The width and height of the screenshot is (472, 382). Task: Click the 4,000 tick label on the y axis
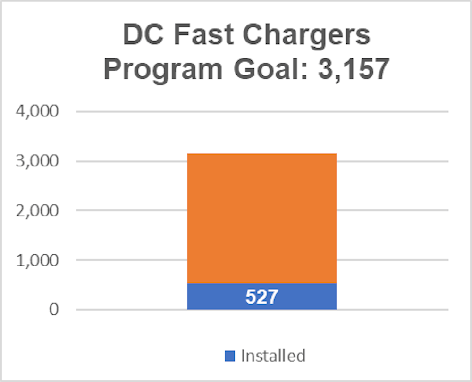point(38,112)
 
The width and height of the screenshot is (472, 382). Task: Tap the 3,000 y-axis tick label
point(38,161)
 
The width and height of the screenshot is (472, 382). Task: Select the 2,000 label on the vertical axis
point(38,210)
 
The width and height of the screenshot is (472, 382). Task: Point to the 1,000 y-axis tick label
point(38,260)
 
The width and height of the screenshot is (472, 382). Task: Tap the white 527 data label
point(261,297)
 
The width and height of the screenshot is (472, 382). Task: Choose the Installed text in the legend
point(273,356)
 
